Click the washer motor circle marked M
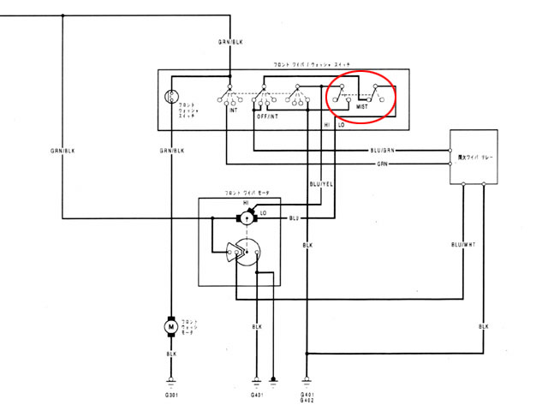point(170,326)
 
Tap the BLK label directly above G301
point(170,353)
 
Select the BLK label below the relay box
point(484,327)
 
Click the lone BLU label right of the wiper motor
point(293,219)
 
